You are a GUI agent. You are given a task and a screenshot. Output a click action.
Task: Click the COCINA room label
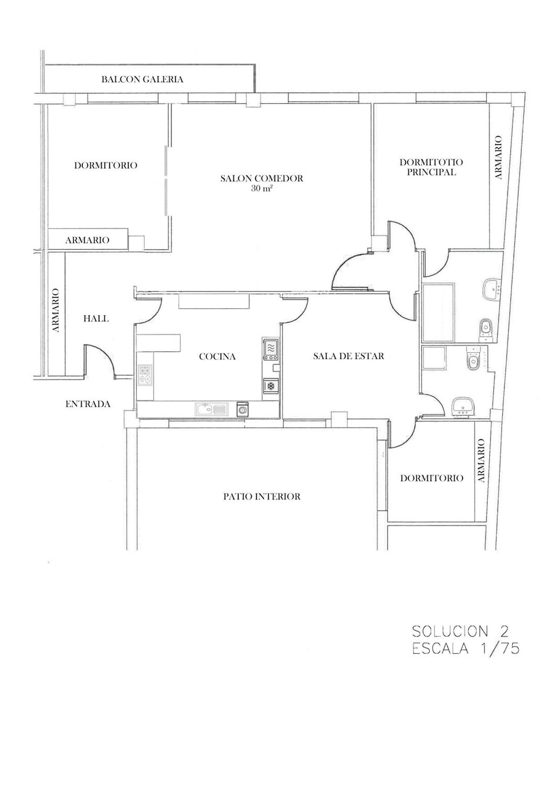pos(217,356)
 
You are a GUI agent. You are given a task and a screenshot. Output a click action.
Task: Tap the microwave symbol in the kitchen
pos(271,349)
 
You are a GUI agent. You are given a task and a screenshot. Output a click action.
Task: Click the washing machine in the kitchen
pos(243,409)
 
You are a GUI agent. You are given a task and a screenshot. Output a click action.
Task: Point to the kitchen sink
pos(210,409)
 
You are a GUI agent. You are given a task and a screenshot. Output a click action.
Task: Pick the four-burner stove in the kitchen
pos(145,375)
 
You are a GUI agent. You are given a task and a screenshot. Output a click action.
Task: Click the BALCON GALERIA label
pos(142,80)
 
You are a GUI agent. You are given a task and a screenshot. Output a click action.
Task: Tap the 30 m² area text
pos(262,188)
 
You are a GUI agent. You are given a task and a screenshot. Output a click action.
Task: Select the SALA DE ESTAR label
pos(348,356)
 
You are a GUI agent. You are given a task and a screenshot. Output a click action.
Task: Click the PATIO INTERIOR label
pos(262,496)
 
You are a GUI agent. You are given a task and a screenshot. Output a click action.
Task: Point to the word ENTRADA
pos(88,404)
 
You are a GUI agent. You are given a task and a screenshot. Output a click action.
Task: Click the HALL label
pos(96,318)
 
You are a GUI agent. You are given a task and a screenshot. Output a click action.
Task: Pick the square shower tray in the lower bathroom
pos(434,358)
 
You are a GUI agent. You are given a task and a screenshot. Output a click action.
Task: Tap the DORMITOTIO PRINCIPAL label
pos(431,167)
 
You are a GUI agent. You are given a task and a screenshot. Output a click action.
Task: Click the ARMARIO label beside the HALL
pos(55,310)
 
